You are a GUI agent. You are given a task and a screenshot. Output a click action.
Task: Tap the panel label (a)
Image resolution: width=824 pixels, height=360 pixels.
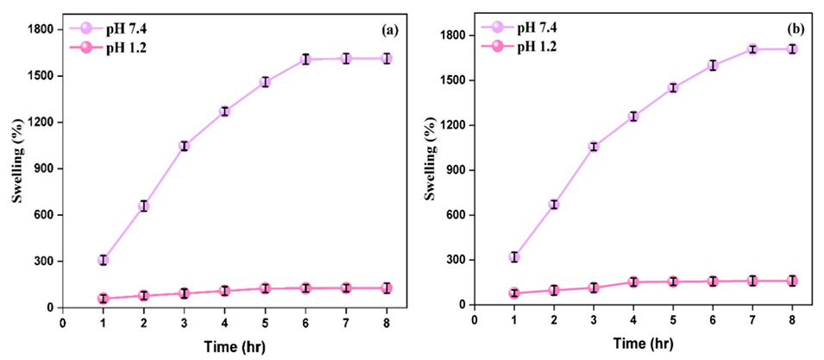(389, 29)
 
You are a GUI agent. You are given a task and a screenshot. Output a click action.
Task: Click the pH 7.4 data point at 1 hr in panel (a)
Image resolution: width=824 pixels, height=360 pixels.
(103, 260)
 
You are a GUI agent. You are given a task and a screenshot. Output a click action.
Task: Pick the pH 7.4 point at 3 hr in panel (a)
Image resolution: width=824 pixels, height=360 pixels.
(184, 146)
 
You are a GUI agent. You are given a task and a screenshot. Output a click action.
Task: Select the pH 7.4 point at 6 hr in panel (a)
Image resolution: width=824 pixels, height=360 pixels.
(305, 60)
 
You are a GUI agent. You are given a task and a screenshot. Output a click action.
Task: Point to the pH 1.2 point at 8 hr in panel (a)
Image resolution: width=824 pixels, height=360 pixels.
(387, 287)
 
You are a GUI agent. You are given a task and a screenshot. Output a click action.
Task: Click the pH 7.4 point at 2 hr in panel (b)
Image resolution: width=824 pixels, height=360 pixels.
(554, 205)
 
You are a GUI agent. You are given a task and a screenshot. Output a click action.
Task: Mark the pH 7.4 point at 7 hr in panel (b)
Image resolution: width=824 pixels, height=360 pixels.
(752, 49)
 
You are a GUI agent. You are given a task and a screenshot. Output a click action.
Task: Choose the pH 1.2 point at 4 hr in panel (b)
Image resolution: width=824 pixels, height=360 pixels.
(633, 281)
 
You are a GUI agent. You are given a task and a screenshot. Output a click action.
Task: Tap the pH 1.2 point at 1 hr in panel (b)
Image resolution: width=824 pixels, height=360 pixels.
(514, 294)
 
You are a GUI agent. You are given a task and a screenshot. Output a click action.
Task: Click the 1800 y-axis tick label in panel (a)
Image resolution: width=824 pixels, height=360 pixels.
(41, 29)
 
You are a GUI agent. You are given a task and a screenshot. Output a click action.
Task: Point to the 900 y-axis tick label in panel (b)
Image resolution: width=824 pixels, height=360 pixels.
(455, 170)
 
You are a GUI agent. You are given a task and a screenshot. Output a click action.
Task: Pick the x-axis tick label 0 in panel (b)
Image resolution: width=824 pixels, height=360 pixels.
(474, 320)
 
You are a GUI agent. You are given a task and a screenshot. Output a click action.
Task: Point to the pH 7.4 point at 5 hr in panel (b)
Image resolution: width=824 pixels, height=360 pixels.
(673, 88)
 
